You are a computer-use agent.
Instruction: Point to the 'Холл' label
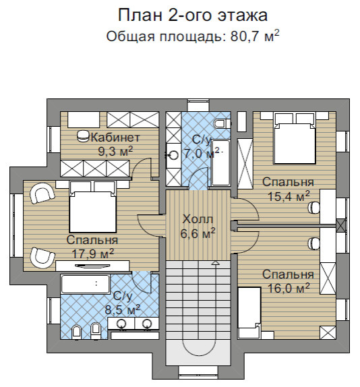point(198,220)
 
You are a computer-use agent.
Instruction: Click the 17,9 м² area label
point(92,254)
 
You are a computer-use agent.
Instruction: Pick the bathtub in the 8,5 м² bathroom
point(85,283)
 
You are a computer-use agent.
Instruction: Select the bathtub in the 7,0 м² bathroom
point(221,162)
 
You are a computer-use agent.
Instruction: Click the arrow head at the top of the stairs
point(214,262)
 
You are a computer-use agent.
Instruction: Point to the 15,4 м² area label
point(287,196)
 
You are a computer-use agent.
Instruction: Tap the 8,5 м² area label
point(121,309)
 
